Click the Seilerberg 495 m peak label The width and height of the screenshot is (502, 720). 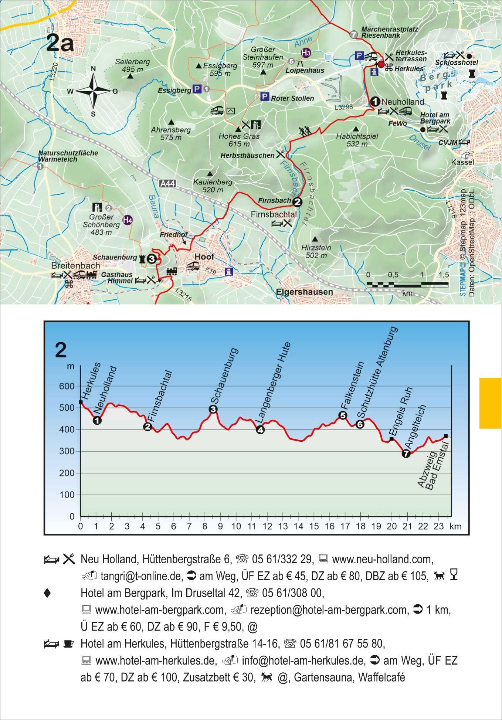(132, 65)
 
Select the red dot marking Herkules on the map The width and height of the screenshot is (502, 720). (381, 64)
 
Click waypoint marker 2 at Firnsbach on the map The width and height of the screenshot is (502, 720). (297, 202)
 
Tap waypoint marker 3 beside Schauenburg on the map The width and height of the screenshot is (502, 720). (151, 259)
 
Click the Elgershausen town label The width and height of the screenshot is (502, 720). (304, 292)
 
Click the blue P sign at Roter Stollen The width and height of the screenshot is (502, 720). (264, 97)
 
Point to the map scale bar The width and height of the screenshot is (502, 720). (408, 285)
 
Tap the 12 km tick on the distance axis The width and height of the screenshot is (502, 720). (267, 526)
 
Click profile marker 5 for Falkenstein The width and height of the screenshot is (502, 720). (343, 415)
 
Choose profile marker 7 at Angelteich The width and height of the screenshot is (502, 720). (406, 454)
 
